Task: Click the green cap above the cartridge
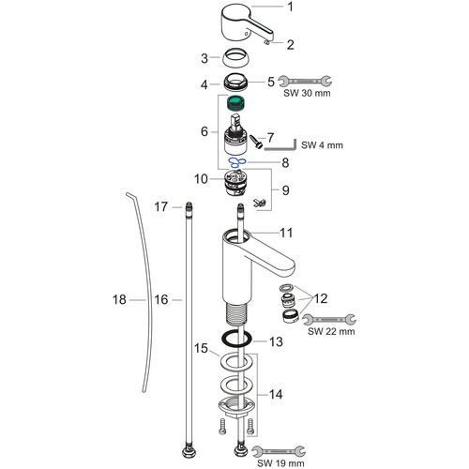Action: click(x=235, y=104)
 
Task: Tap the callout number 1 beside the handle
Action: click(x=291, y=7)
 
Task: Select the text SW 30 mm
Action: click(x=307, y=93)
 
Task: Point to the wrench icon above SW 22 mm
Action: click(x=329, y=319)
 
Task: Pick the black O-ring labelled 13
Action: click(x=236, y=339)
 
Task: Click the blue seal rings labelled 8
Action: click(x=237, y=162)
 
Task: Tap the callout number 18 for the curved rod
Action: click(x=119, y=299)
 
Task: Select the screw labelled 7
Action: click(x=255, y=143)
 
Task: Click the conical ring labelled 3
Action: click(x=235, y=56)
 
